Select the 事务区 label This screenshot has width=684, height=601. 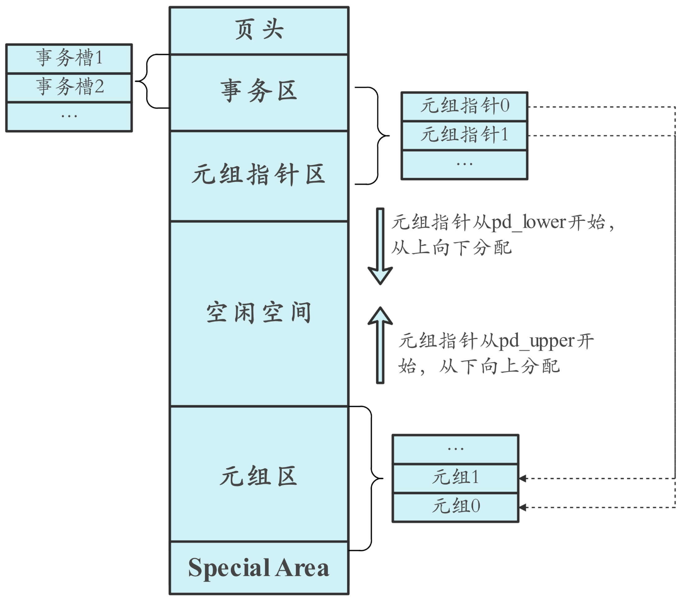pyautogui.click(x=259, y=91)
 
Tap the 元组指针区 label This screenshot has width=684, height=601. pyautogui.click(x=259, y=175)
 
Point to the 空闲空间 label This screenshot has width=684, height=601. pyautogui.click(x=259, y=312)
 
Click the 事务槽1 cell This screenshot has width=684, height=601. pyautogui.click(x=69, y=58)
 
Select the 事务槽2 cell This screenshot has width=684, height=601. pyautogui.click(x=69, y=87)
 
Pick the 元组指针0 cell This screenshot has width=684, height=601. pyautogui.click(x=464, y=106)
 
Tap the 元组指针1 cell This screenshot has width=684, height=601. pyautogui.click(x=464, y=135)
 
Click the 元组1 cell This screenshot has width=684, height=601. pyautogui.click(x=455, y=478)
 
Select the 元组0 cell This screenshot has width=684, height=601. pyautogui.click(x=455, y=506)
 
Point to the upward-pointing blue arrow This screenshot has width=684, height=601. pyautogui.click(x=380, y=345)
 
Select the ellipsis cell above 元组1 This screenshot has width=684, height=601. pyautogui.click(x=455, y=449)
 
